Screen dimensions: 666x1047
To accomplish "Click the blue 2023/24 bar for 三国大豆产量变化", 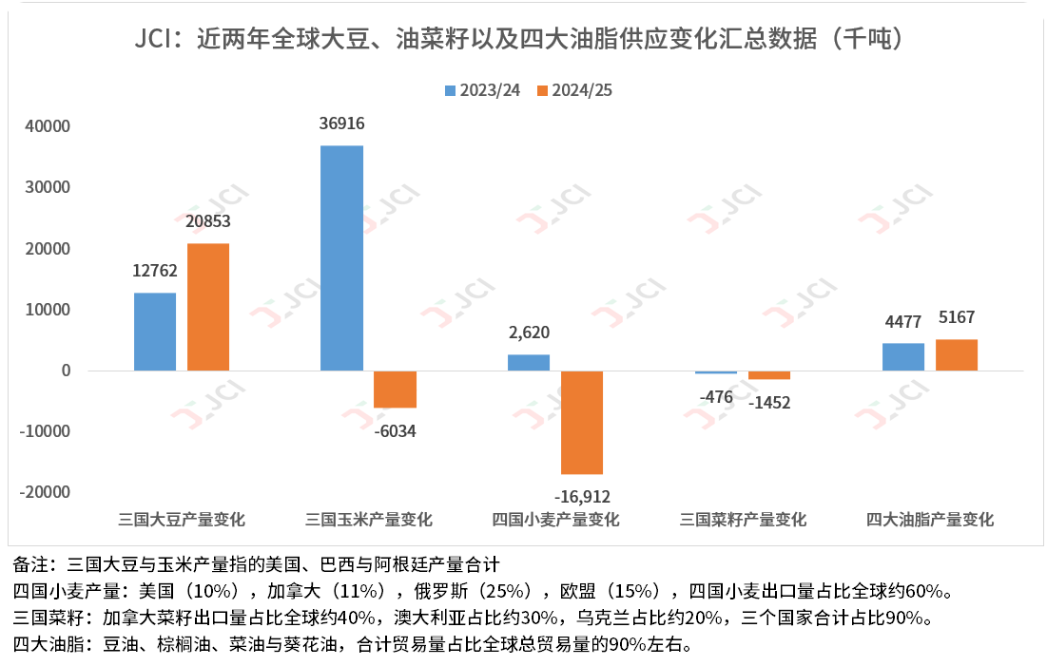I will point(155,332).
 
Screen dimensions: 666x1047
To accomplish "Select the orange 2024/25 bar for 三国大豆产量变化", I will point(208,307).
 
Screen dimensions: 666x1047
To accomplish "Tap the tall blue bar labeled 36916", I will point(341,257).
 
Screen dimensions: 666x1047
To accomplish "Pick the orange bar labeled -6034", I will point(395,389).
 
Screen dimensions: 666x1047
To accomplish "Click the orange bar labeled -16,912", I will point(581,422).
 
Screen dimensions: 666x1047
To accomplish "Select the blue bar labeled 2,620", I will point(528,362).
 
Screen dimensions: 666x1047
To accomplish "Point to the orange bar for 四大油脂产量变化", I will point(956,354).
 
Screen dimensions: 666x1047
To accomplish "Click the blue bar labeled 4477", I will point(902,356).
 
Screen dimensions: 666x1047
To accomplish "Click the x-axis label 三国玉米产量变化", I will point(369,520).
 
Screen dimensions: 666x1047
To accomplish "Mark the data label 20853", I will point(208,221).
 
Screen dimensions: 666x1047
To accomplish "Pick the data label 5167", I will point(956,317).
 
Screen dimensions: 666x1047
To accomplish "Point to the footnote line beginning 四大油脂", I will point(352,644).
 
